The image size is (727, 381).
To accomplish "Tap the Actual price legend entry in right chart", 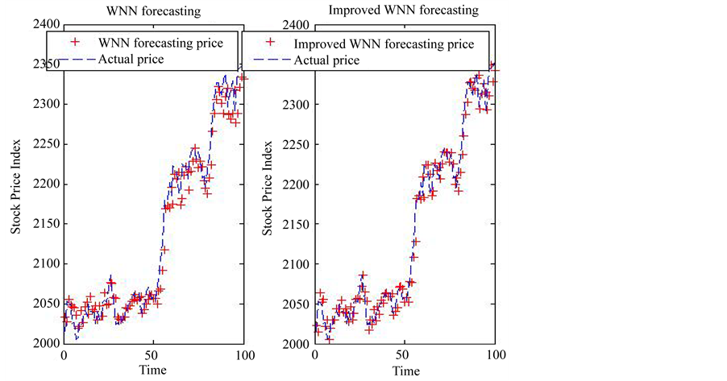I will pos(328,60).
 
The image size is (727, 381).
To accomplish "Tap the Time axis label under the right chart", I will pos(405,371).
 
